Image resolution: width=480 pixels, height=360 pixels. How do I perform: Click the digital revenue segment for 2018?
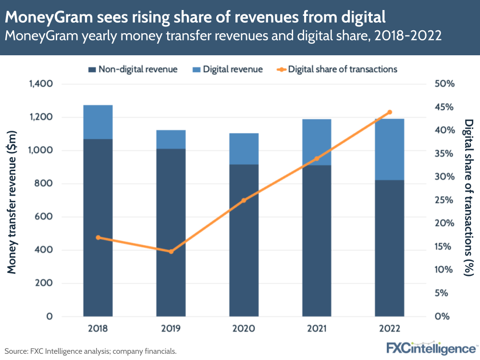(x=98, y=122)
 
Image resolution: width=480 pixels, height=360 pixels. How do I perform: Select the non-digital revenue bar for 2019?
(x=171, y=232)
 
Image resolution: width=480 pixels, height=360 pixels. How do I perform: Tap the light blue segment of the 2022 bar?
(x=390, y=149)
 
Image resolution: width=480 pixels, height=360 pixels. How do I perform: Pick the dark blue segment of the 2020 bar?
(x=244, y=240)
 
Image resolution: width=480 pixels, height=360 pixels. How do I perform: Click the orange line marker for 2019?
(x=171, y=251)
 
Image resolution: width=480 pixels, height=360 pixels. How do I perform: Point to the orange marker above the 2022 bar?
(x=390, y=112)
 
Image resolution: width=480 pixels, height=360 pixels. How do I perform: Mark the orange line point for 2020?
(x=244, y=200)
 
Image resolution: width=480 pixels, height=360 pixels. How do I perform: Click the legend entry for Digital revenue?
(x=227, y=69)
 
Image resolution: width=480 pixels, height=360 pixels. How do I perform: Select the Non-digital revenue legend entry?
(x=133, y=69)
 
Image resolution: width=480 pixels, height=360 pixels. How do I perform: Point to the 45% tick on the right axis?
(x=444, y=107)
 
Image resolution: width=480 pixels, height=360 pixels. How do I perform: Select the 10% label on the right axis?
(x=444, y=270)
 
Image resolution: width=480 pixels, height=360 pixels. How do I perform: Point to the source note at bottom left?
(x=91, y=351)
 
